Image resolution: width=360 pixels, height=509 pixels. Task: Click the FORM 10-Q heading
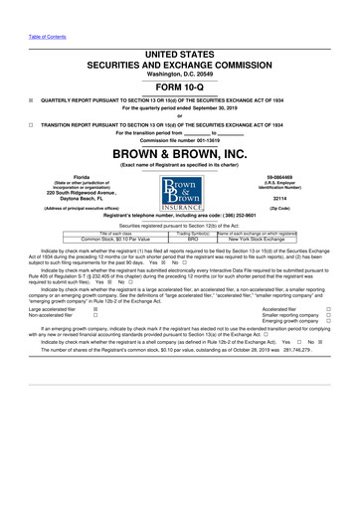(179, 85)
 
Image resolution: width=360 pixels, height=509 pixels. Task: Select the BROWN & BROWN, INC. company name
(179, 154)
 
